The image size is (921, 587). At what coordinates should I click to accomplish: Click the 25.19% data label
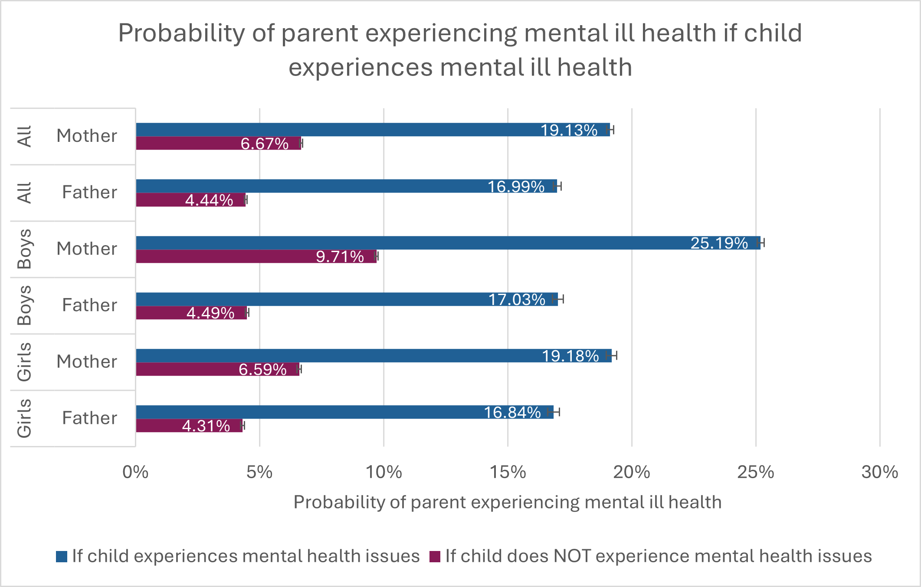pyautogui.click(x=719, y=243)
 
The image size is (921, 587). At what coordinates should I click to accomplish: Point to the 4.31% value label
pyautogui.click(x=206, y=426)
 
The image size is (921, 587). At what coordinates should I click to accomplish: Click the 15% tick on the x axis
pyautogui.click(x=508, y=472)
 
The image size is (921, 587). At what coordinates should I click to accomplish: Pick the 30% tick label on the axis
pyautogui.click(x=879, y=472)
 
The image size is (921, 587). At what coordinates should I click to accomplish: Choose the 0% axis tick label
pyautogui.click(x=135, y=472)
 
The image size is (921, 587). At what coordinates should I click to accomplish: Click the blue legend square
pyautogui.click(x=62, y=557)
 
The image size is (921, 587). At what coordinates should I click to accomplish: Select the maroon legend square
pyautogui.click(x=435, y=557)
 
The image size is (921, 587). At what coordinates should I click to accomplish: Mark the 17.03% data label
pyautogui.click(x=517, y=300)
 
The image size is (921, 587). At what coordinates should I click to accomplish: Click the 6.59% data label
pyautogui.click(x=262, y=370)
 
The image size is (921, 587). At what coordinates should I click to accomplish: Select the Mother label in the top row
pyautogui.click(x=87, y=136)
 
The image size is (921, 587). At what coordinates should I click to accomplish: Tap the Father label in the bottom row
pyautogui.click(x=89, y=418)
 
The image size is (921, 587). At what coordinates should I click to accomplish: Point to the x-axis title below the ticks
pyautogui.click(x=508, y=502)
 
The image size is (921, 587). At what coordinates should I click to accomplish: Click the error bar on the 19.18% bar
pyautogui.click(x=612, y=356)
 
